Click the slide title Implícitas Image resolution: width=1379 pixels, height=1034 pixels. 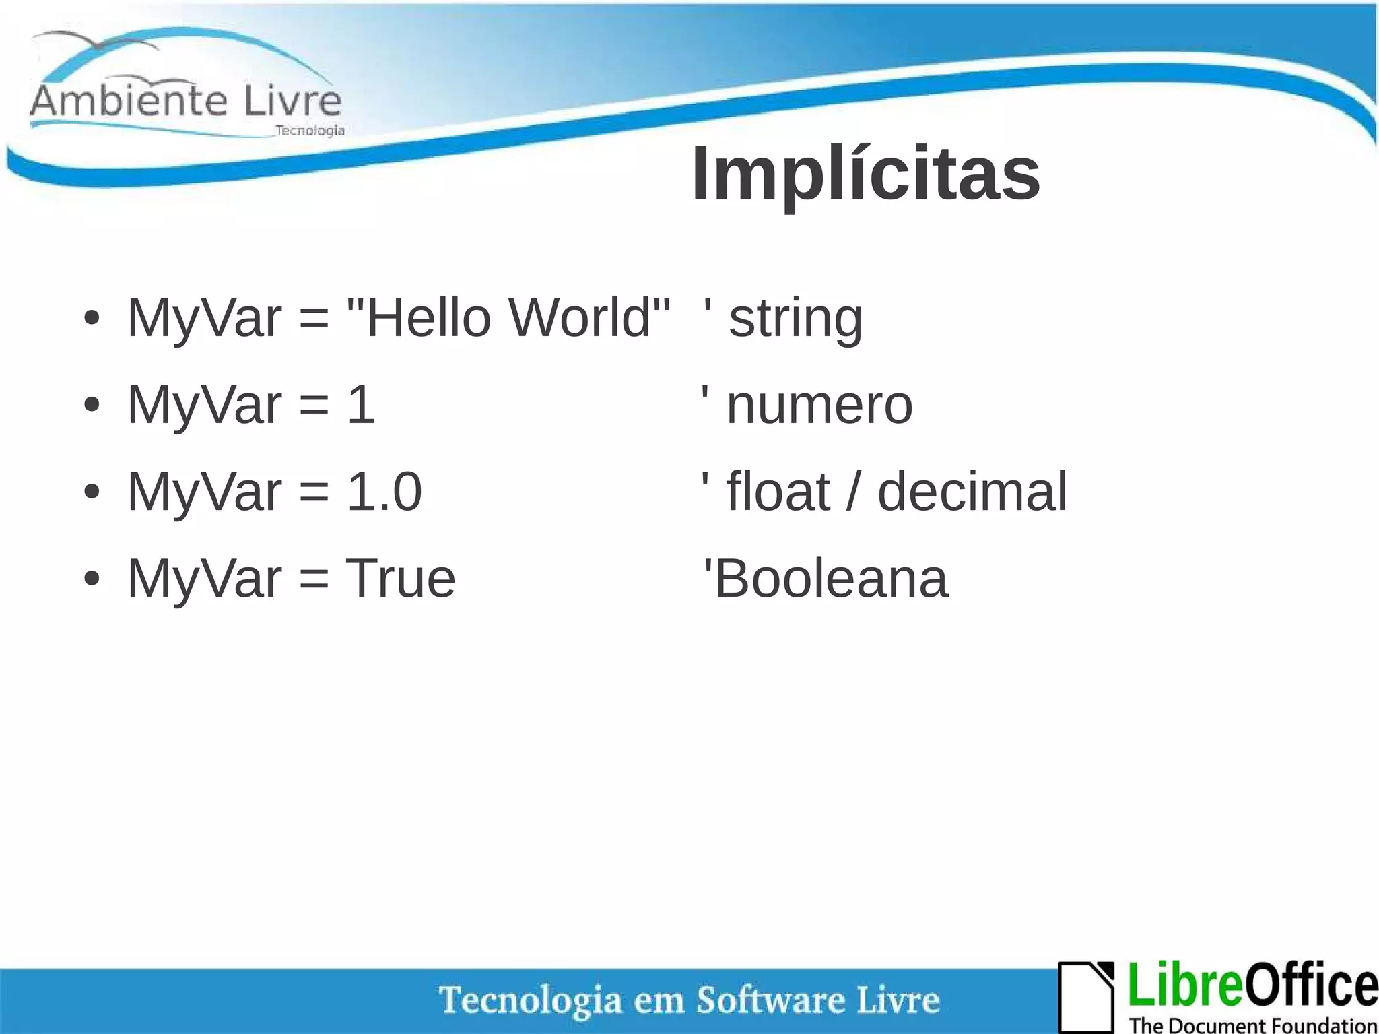point(866,174)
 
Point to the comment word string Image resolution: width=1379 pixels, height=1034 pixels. point(795,319)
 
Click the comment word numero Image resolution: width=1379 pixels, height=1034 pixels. point(819,406)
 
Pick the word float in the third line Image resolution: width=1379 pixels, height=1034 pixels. point(778,492)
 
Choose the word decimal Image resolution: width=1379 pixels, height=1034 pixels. point(972,492)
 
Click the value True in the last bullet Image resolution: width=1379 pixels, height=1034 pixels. point(401,579)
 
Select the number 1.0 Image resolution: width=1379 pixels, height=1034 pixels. point(384,492)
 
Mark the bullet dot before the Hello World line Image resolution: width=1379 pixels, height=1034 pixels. point(92,318)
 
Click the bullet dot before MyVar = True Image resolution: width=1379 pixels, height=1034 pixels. point(92,579)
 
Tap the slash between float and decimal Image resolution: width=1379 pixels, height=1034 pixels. point(853,492)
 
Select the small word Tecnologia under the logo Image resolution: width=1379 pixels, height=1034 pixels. point(310,131)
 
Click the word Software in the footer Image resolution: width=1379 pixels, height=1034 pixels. point(770,1000)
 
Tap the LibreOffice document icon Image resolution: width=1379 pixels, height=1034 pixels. point(1086,996)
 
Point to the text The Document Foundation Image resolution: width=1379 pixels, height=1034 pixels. point(1252,1025)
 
